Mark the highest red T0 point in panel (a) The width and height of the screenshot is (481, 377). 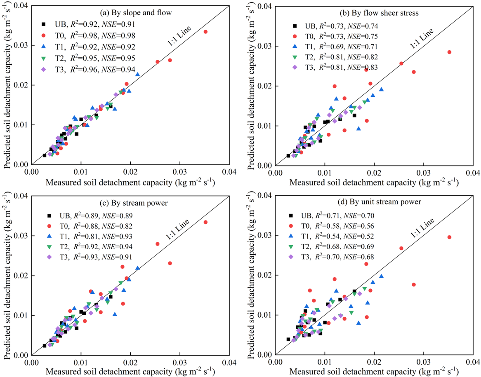pos(205,32)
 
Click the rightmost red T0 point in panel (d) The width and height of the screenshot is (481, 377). pos(449,237)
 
